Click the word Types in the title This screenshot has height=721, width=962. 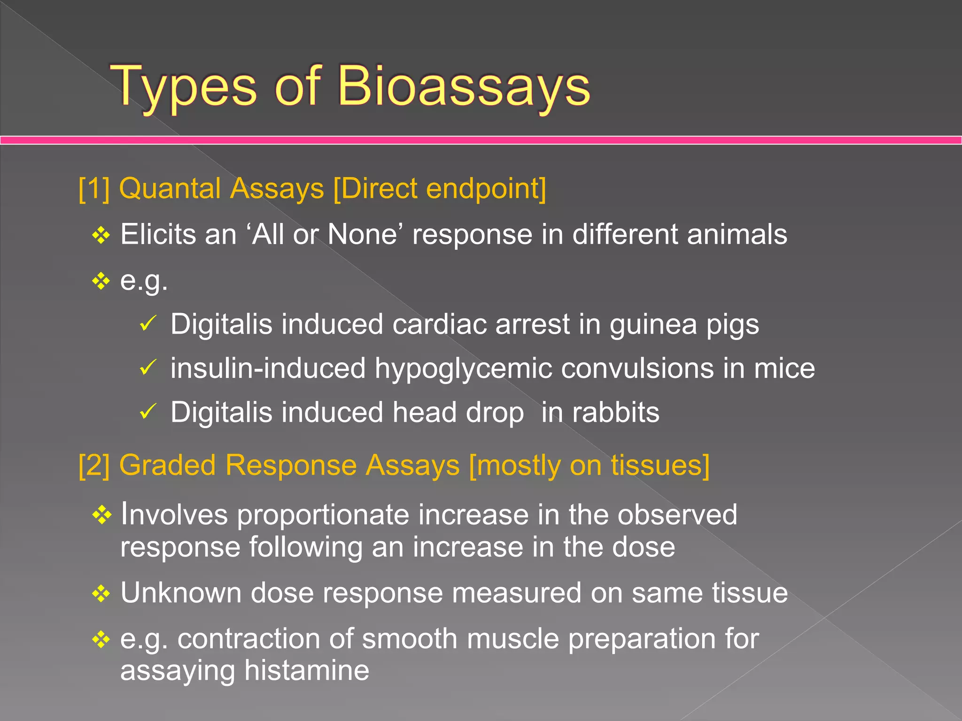click(x=184, y=86)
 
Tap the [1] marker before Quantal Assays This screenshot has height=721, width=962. click(x=94, y=189)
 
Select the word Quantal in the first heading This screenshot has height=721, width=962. click(x=170, y=189)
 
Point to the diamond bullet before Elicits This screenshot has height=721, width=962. click(x=101, y=235)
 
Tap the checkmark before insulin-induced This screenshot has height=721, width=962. click(x=148, y=368)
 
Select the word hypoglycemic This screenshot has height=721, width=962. click(x=463, y=368)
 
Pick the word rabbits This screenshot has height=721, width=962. click(x=615, y=413)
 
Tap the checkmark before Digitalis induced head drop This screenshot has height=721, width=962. click(x=148, y=412)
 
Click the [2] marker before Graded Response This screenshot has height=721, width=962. click(x=94, y=466)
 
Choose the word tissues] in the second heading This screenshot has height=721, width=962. click(x=660, y=466)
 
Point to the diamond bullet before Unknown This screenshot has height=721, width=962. click(x=101, y=594)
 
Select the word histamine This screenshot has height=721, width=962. click(x=307, y=670)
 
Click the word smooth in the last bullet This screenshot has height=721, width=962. click(x=410, y=639)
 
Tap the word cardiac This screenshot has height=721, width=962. click(x=439, y=324)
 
